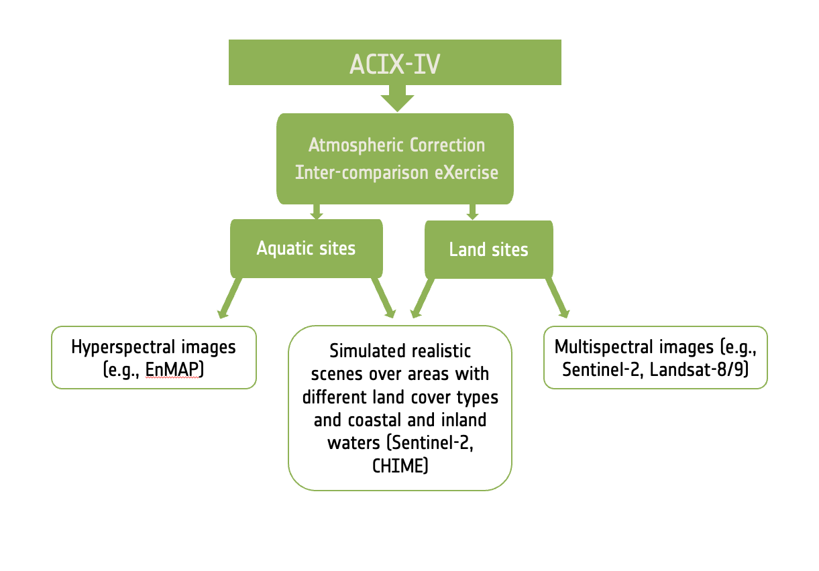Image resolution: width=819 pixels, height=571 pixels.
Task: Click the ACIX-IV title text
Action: point(395,64)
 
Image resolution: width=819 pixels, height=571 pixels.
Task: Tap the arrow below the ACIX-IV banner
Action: point(398,98)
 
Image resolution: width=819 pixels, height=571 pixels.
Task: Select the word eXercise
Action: point(466,172)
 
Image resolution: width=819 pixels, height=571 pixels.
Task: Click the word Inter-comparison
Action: point(362,173)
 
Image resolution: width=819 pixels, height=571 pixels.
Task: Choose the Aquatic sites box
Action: point(307,249)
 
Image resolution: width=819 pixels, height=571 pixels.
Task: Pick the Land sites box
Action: point(489,249)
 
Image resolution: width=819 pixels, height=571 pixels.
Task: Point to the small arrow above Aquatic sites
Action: point(317,212)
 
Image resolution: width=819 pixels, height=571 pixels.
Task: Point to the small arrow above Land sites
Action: point(472,212)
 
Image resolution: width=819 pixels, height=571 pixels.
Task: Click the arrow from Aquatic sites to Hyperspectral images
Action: point(229,298)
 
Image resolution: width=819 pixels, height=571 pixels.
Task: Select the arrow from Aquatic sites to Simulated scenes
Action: point(384,298)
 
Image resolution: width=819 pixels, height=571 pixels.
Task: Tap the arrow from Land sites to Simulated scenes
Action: point(423,298)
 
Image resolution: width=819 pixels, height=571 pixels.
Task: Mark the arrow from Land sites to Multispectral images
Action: point(557,298)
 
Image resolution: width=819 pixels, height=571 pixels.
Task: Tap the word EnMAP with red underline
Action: point(174,369)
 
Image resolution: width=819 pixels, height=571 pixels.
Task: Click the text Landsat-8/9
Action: point(700,369)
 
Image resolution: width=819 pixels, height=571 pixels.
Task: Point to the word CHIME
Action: point(400,466)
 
